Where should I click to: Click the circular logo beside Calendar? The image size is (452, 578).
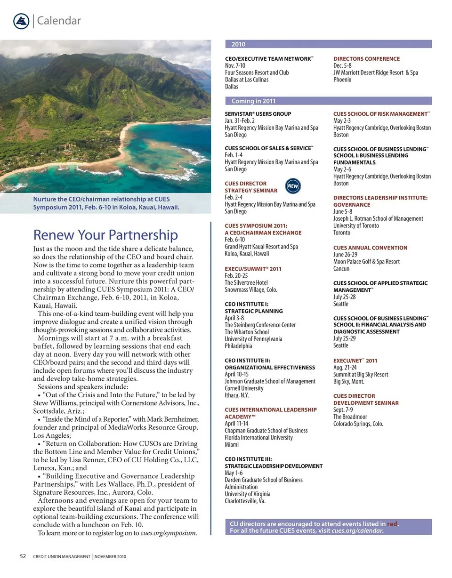point(21,21)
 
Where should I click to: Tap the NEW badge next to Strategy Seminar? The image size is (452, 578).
point(293,186)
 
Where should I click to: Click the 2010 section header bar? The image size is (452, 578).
point(328,44)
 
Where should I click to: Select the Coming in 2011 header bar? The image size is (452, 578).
point(328,101)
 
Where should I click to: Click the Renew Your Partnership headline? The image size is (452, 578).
point(105,235)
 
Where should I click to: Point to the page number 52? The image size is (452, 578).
point(23,556)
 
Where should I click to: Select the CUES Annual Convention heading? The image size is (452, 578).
point(370,248)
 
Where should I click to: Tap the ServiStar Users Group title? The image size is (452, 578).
point(258,114)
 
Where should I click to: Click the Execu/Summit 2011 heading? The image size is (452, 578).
point(253,269)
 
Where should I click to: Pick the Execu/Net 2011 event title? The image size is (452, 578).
point(355,361)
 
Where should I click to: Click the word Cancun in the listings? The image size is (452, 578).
point(341,269)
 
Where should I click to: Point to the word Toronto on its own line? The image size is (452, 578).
point(342,233)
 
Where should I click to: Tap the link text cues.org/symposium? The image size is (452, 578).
point(168,533)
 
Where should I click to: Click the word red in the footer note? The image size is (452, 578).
point(392,524)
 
